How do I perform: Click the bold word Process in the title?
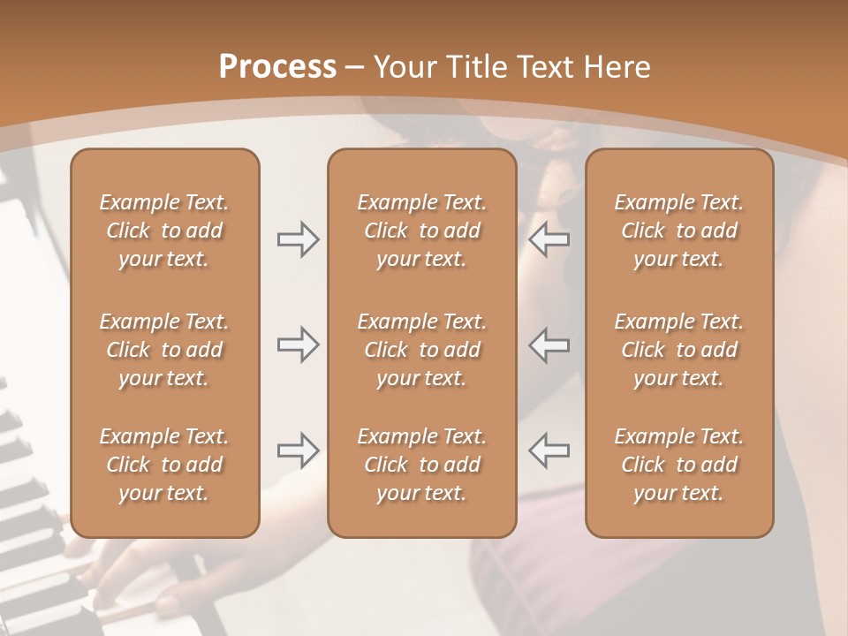[277, 67]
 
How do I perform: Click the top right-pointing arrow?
[299, 239]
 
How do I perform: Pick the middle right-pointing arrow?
[299, 344]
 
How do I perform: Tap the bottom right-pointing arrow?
[299, 450]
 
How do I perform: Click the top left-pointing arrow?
[549, 239]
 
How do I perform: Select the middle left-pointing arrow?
[549, 344]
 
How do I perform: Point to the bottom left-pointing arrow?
[549, 450]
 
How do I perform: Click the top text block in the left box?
[164, 231]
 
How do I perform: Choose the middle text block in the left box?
[164, 350]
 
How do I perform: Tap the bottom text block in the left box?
[164, 465]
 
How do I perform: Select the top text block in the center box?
[422, 231]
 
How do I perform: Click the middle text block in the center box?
[422, 350]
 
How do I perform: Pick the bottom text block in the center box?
[422, 465]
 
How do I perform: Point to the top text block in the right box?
[679, 231]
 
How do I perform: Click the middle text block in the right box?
[679, 350]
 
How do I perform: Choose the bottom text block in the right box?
[679, 465]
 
